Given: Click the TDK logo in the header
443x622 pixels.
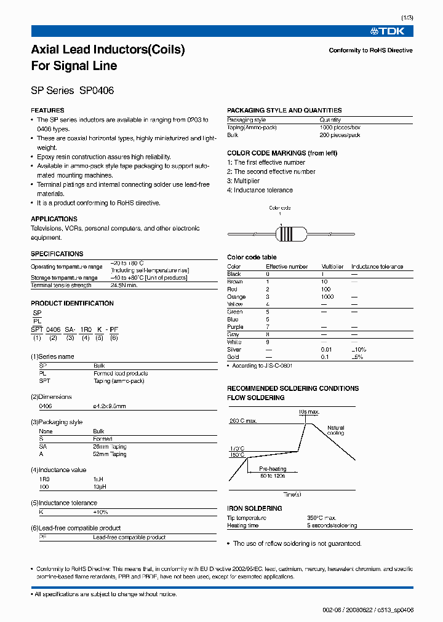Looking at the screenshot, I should click(392, 31).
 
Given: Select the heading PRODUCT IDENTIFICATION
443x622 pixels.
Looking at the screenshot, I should click(72, 303).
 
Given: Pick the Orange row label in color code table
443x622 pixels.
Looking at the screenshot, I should click(237, 297).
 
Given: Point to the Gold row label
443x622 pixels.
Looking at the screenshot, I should click(234, 357).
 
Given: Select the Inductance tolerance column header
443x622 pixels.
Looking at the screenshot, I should click(377, 267).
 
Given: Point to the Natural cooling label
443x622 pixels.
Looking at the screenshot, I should click(336, 430).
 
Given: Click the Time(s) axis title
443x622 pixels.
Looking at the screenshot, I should click(292, 494).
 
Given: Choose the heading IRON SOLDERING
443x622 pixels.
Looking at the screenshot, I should click(255, 508).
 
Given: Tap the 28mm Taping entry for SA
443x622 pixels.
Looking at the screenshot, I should click(110, 447).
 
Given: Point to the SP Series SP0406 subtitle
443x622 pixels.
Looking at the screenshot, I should click(72, 90).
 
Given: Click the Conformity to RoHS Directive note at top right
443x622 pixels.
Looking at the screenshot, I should click(370, 50).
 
